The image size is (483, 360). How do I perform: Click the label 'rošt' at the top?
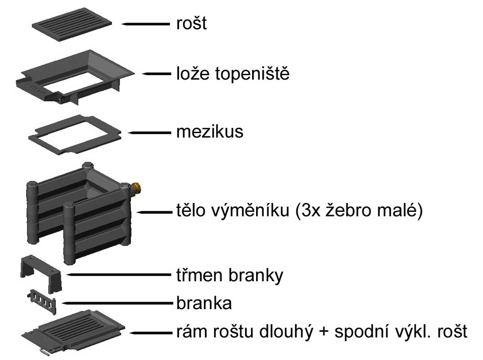[191, 23]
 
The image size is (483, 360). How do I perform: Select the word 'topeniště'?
[252, 73]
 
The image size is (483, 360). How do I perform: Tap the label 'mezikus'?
[209, 131]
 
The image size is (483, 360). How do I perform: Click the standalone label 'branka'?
[204, 302]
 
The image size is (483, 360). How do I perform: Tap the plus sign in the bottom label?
[324, 333]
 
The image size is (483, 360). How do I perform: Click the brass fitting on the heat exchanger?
[136, 187]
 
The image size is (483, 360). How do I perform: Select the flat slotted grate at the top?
[72, 23]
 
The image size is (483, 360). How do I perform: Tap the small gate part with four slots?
[41, 301]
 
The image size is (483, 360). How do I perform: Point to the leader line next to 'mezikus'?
[149, 133]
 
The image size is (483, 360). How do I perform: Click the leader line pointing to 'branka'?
[117, 303]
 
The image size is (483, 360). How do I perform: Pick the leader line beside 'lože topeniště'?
[157, 74]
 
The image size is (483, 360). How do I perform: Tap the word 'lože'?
[193, 73]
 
